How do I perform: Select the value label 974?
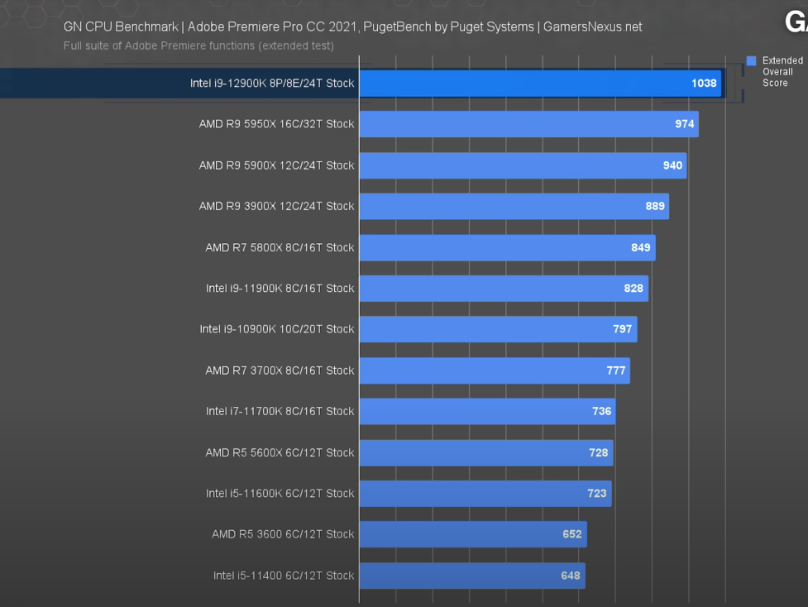684,124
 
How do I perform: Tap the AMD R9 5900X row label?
276,165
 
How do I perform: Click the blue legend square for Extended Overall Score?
751,61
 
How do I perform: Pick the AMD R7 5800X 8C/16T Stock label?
280,247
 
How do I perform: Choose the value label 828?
633,288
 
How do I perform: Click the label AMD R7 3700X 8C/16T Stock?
280,370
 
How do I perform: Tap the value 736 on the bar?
601,411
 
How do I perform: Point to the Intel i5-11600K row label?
280,493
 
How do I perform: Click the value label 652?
571,534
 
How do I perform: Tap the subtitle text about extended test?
198,45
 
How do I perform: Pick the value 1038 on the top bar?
704,84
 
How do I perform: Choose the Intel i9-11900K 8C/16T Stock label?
280,288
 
